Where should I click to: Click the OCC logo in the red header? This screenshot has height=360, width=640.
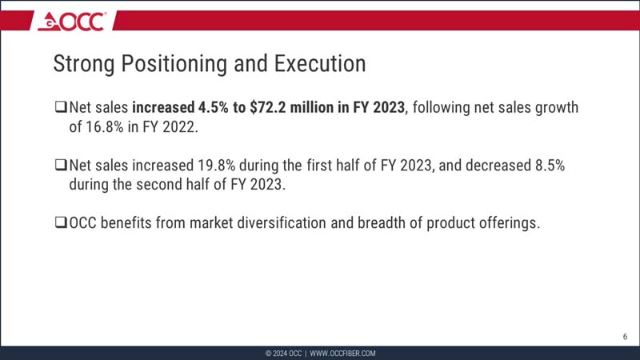pos(71,22)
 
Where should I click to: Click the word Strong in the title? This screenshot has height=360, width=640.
pos(81,64)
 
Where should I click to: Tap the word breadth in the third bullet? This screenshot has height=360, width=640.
pos(384,223)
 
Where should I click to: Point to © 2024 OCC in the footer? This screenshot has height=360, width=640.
pos(283,353)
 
